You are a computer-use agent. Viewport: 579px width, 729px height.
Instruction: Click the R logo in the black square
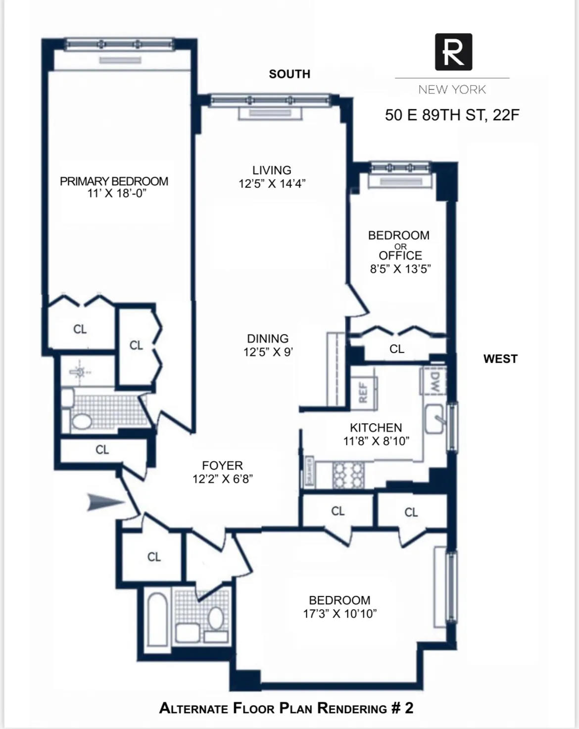point(453,52)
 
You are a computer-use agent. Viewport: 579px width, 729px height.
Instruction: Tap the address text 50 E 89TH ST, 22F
point(452,115)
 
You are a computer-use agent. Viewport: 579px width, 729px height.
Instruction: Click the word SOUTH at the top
point(289,74)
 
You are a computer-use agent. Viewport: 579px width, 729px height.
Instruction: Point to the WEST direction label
point(500,359)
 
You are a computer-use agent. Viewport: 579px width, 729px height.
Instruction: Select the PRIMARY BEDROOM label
point(114,182)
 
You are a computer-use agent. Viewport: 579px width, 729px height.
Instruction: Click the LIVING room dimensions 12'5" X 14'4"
point(272,184)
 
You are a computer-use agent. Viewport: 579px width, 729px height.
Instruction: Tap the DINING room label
point(268,339)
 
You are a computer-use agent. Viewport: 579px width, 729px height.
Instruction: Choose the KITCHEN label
point(376,428)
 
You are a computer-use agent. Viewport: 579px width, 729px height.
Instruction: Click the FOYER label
point(222,466)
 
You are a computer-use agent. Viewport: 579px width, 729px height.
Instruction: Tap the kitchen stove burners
point(348,475)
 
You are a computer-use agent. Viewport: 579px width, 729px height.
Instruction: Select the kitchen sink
point(434,419)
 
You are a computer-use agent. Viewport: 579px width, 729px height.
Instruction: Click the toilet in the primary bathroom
point(81,422)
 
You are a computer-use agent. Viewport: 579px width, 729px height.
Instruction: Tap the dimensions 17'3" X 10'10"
point(340,614)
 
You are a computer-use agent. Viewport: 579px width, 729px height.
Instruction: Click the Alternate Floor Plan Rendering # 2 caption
point(286,708)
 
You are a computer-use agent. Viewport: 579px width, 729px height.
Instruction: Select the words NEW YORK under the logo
point(452,90)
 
